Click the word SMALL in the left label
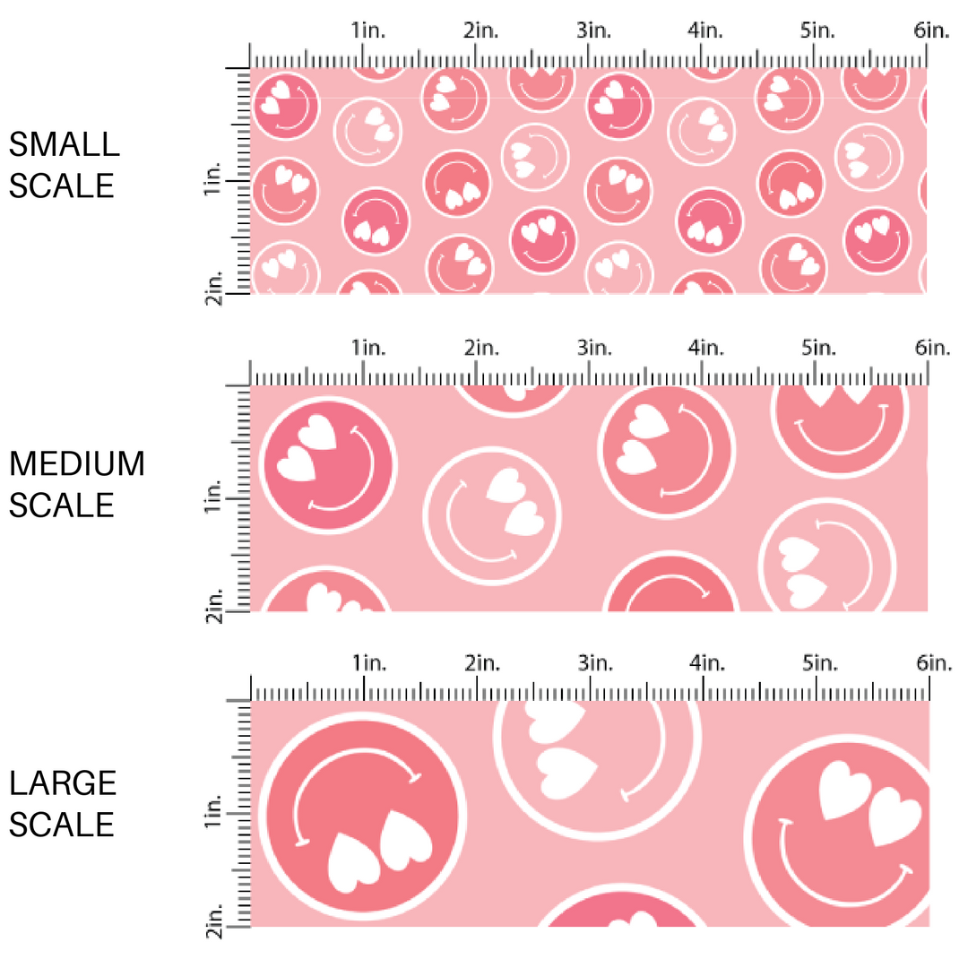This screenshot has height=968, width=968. pyautogui.click(x=64, y=144)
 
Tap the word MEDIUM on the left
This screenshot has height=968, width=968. pyautogui.click(x=77, y=464)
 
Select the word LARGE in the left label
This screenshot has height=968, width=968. pyautogui.click(x=64, y=783)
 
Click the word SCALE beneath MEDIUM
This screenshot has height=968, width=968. pyautogui.click(x=62, y=506)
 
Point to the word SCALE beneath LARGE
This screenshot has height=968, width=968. pyautogui.click(x=62, y=825)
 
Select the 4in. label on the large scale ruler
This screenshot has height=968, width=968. pyautogui.click(x=706, y=664)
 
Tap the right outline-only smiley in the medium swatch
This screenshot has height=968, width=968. pyautogui.click(x=826, y=562)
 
